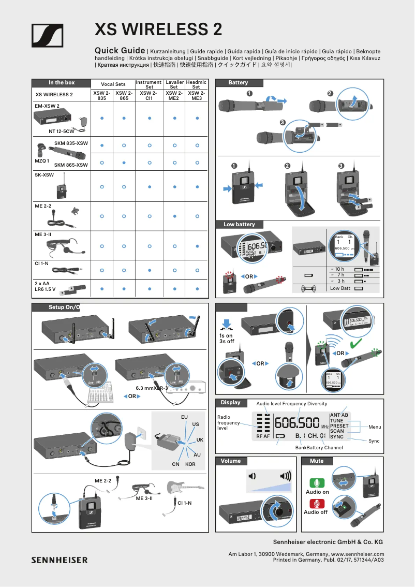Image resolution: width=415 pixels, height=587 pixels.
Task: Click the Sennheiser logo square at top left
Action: point(48,36)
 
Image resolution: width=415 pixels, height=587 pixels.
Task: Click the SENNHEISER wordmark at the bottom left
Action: point(60,560)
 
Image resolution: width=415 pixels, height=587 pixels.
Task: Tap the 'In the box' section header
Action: point(62,83)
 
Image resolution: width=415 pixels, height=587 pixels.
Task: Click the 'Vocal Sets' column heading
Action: point(113,84)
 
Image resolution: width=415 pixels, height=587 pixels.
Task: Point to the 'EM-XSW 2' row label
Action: point(47,106)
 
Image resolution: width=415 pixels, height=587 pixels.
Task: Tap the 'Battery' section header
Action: point(239,83)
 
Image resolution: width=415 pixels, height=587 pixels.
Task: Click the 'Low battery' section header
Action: point(239,224)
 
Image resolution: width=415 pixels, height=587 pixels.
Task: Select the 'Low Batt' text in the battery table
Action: point(340,288)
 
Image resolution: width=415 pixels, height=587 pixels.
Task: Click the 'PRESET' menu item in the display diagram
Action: point(339,425)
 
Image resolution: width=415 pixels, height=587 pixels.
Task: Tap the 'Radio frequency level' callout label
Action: point(228,422)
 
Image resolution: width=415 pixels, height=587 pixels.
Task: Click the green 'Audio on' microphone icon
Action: point(317,483)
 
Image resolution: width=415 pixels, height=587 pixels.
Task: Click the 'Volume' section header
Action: point(230,461)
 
